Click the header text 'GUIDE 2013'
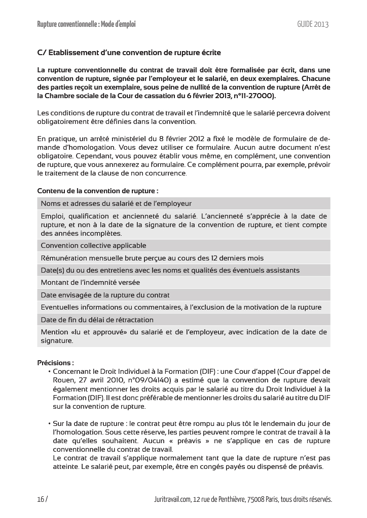[x=313, y=24]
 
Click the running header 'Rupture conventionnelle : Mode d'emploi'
[x=86, y=24]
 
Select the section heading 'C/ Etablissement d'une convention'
[x=129, y=53]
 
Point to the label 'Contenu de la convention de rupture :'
[x=98, y=191]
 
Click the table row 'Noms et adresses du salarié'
[x=116, y=203]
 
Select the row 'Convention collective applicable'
[x=93, y=245]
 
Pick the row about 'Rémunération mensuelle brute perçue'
[x=152, y=258]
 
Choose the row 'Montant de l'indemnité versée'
[x=90, y=282]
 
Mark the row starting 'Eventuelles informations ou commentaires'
[x=181, y=307]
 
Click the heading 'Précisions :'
[x=56, y=363]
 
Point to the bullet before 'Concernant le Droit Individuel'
[x=49, y=371]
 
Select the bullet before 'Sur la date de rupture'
[x=49, y=423]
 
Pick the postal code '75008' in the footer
[x=253, y=499]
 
